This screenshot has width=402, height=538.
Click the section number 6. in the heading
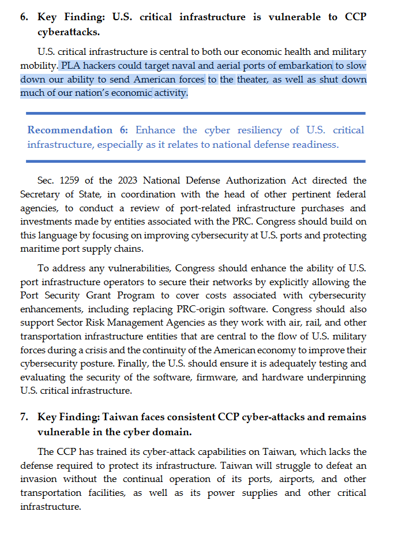24,17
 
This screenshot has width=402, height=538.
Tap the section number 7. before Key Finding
24,417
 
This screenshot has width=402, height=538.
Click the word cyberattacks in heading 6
68,32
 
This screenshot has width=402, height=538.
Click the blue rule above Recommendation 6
196,113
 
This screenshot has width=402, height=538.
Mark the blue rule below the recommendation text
196,161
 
